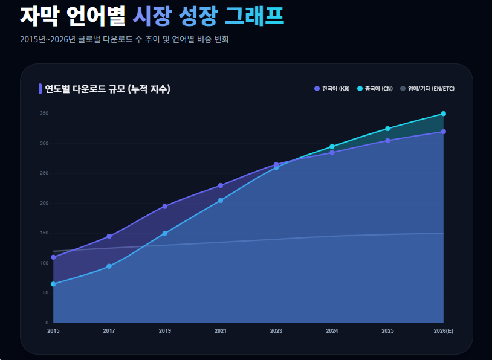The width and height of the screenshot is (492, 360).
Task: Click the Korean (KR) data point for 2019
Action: [165, 207]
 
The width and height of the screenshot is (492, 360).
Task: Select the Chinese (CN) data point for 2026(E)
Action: [444, 114]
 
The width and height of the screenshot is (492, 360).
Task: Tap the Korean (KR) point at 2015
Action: [53, 257]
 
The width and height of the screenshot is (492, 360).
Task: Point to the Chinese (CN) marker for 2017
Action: [109, 266]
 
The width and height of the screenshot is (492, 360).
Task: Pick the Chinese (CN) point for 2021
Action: [221, 201]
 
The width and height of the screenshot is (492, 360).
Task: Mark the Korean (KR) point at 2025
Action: [387, 141]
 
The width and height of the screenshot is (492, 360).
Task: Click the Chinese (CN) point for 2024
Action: [332, 147]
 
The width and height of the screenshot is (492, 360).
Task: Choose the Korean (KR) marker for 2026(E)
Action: [444, 132]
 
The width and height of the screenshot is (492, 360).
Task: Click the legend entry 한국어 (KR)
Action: [332, 89]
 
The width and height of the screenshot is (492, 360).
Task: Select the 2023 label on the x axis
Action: [276, 331]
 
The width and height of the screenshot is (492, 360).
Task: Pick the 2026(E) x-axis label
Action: [444, 331]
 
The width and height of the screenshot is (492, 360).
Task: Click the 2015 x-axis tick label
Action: [53, 331]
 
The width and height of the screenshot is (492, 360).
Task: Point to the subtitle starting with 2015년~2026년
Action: [124, 39]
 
